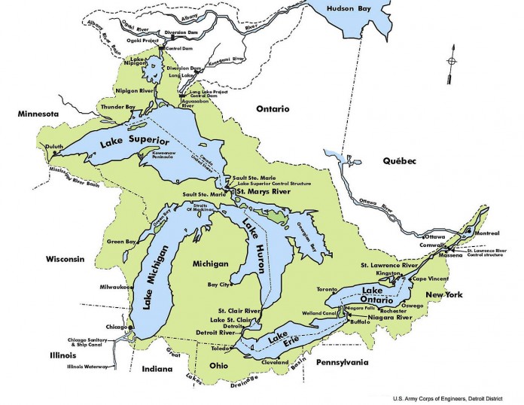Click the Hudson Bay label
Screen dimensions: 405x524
coord(350,8)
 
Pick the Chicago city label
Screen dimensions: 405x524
coord(117,327)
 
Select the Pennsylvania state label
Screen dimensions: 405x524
coord(343,363)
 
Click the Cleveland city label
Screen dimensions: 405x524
coord(276,362)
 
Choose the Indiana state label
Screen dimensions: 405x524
coord(157,370)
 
